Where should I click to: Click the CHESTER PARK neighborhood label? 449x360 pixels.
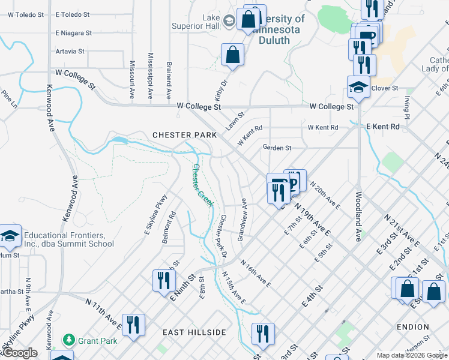(x=184, y=135)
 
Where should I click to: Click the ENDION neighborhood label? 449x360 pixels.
(x=412, y=327)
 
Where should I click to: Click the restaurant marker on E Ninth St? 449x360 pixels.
(x=162, y=280)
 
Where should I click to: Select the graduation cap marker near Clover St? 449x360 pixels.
(x=358, y=88)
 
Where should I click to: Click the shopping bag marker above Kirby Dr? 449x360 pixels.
(x=232, y=55)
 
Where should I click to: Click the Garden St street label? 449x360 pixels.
(x=277, y=148)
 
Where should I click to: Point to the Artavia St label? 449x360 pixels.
(x=70, y=51)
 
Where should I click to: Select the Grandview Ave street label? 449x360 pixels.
(x=243, y=220)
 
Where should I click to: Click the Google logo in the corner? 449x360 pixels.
(x=20, y=353)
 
